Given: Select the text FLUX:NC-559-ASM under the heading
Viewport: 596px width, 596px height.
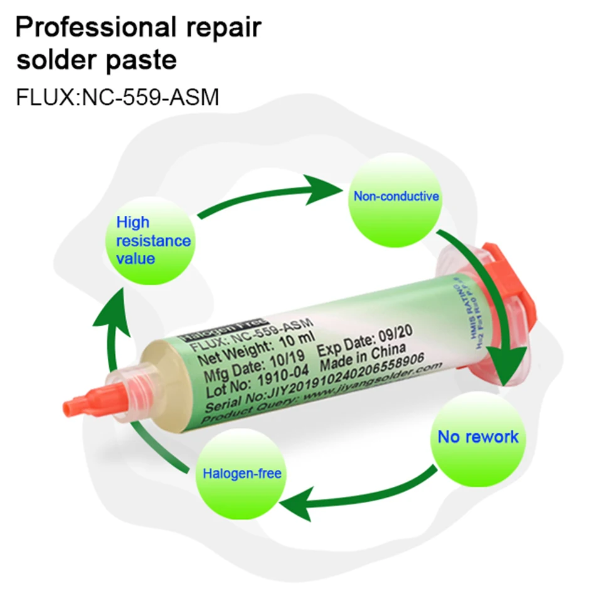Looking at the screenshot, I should click(x=117, y=98).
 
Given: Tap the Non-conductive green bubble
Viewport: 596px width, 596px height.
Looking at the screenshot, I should click(x=396, y=196).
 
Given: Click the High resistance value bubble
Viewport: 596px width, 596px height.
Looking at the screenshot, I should click(x=153, y=240).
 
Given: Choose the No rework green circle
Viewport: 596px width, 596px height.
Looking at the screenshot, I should click(x=478, y=437).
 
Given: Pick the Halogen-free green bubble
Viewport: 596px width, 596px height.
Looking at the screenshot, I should click(x=242, y=473).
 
